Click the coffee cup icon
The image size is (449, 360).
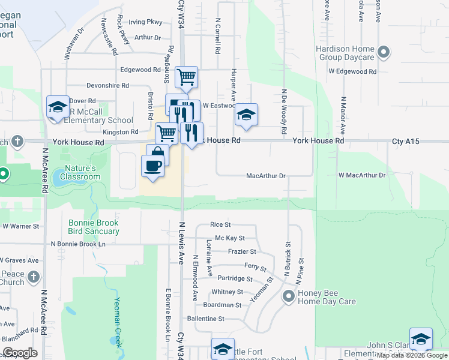click(152, 165)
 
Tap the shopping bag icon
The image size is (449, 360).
click(158, 152)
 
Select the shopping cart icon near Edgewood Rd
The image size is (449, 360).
click(187, 76)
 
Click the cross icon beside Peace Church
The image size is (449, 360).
click(34, 277)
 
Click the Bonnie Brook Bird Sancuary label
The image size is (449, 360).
click(94, 227)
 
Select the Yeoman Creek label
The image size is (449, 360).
click(118, 323)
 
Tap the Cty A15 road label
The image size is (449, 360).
click(405, 141)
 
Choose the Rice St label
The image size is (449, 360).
click(220, 224)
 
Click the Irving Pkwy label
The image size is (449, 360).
click(146, 22)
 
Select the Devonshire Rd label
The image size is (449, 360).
click(108, 85)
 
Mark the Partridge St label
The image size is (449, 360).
click(235, 278)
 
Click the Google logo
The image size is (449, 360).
click(20, 353)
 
